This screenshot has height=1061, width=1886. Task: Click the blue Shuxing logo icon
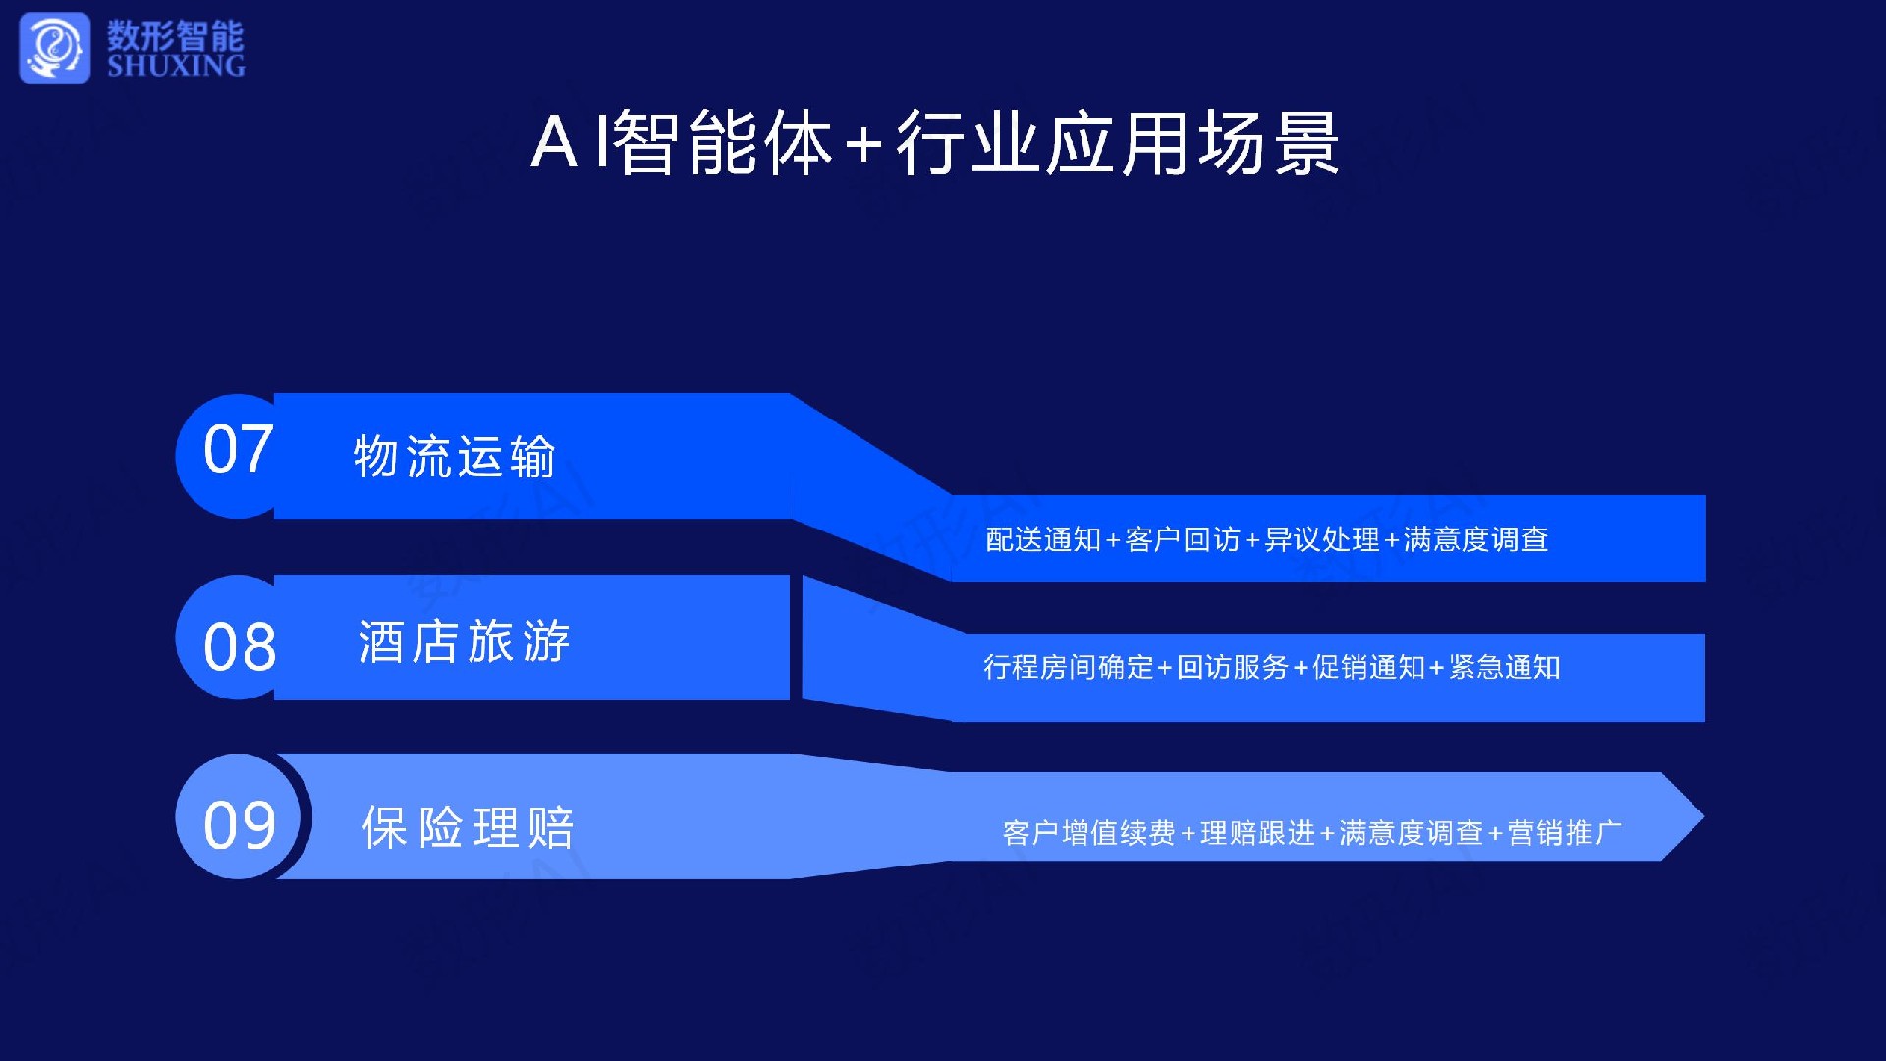pyautogui.click(x=55, y=47)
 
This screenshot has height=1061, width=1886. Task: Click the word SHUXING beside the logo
pyautogui.click(x=176, y=66)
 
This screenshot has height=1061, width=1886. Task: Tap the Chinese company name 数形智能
pyautogui.click(x=176, y=35)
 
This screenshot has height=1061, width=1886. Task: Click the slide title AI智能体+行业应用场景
pyautogui.click(x=935, y=143)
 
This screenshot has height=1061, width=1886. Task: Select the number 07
pyautogui.click(x=238, y=450)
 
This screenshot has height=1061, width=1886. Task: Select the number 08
pyautogui.click(x=240, y=647)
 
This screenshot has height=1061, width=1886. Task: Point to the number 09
pyautogui.click(x=240, y=825)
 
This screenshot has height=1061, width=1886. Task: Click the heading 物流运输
pyautogui.click(x=455, y=457)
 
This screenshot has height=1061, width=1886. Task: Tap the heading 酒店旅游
pyautogui.click(x=464, y=642)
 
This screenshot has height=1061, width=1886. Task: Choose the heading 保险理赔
pyautogui.click(x=469, y=827)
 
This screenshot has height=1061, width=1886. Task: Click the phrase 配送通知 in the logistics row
pyautogui.click(x=1043, y=539)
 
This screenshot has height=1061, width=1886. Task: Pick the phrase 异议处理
pyautogui.click(x=1322, y=539)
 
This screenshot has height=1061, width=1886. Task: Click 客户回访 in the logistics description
pyautogui.click(x=1183, y=539)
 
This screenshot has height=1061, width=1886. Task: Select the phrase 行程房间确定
pyautogui.click(x=1069, y=668)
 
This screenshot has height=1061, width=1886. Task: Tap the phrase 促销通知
pyautogui.click(x=1368, y=668)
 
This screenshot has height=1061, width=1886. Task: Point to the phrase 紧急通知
pyautogui.click(x=1505, y=668)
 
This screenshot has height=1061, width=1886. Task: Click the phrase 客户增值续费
pyautogui.click(x=1089, y=833)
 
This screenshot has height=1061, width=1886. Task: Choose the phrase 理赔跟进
pyautogui.click(x=1257, y=833)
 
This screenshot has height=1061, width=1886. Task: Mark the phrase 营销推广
pyautogui.click(x=1564, y=833)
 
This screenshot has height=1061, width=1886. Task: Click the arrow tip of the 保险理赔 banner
pyautogui.click(x=1702, y=817)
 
